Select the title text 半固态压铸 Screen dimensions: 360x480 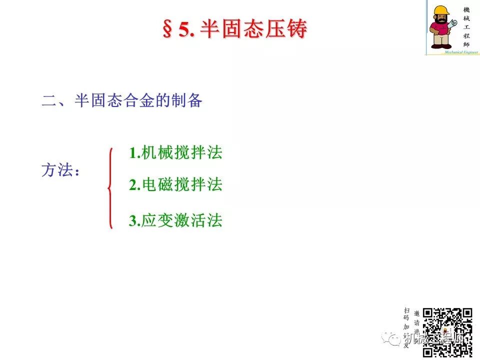253,29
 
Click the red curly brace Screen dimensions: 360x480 110,187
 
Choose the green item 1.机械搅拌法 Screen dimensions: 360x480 175,153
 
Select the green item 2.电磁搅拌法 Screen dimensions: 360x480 175,185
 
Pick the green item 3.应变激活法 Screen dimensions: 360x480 175,220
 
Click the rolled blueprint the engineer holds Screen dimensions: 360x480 454,23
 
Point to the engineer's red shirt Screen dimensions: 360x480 440,29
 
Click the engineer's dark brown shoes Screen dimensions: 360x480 441,45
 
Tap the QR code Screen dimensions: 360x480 447,332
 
